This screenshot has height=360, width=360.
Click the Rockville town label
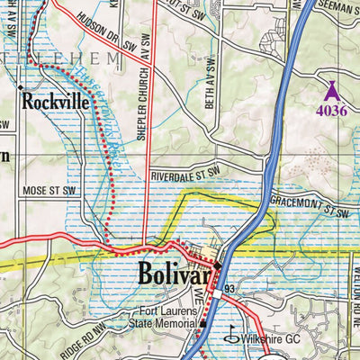click(57, 101)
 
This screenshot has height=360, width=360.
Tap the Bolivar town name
click(175, 274)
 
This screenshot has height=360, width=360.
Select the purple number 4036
click(331, 112)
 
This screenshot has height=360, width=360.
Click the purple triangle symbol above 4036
click(331, 90)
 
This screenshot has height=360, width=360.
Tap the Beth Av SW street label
click(212, 82)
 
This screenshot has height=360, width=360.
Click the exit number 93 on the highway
click(230, 287)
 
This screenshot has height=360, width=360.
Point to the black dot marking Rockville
click(19, 86)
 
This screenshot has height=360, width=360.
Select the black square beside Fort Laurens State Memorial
click(203, 325)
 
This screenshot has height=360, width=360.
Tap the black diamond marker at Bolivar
click(217, 267)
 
